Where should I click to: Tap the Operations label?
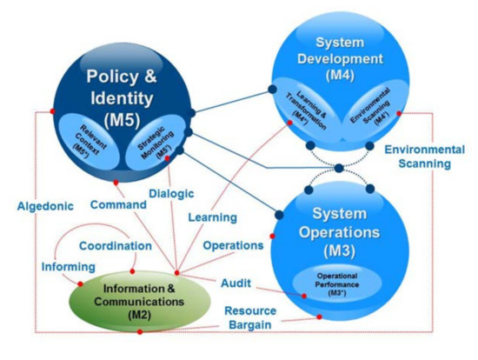point(233,246)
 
